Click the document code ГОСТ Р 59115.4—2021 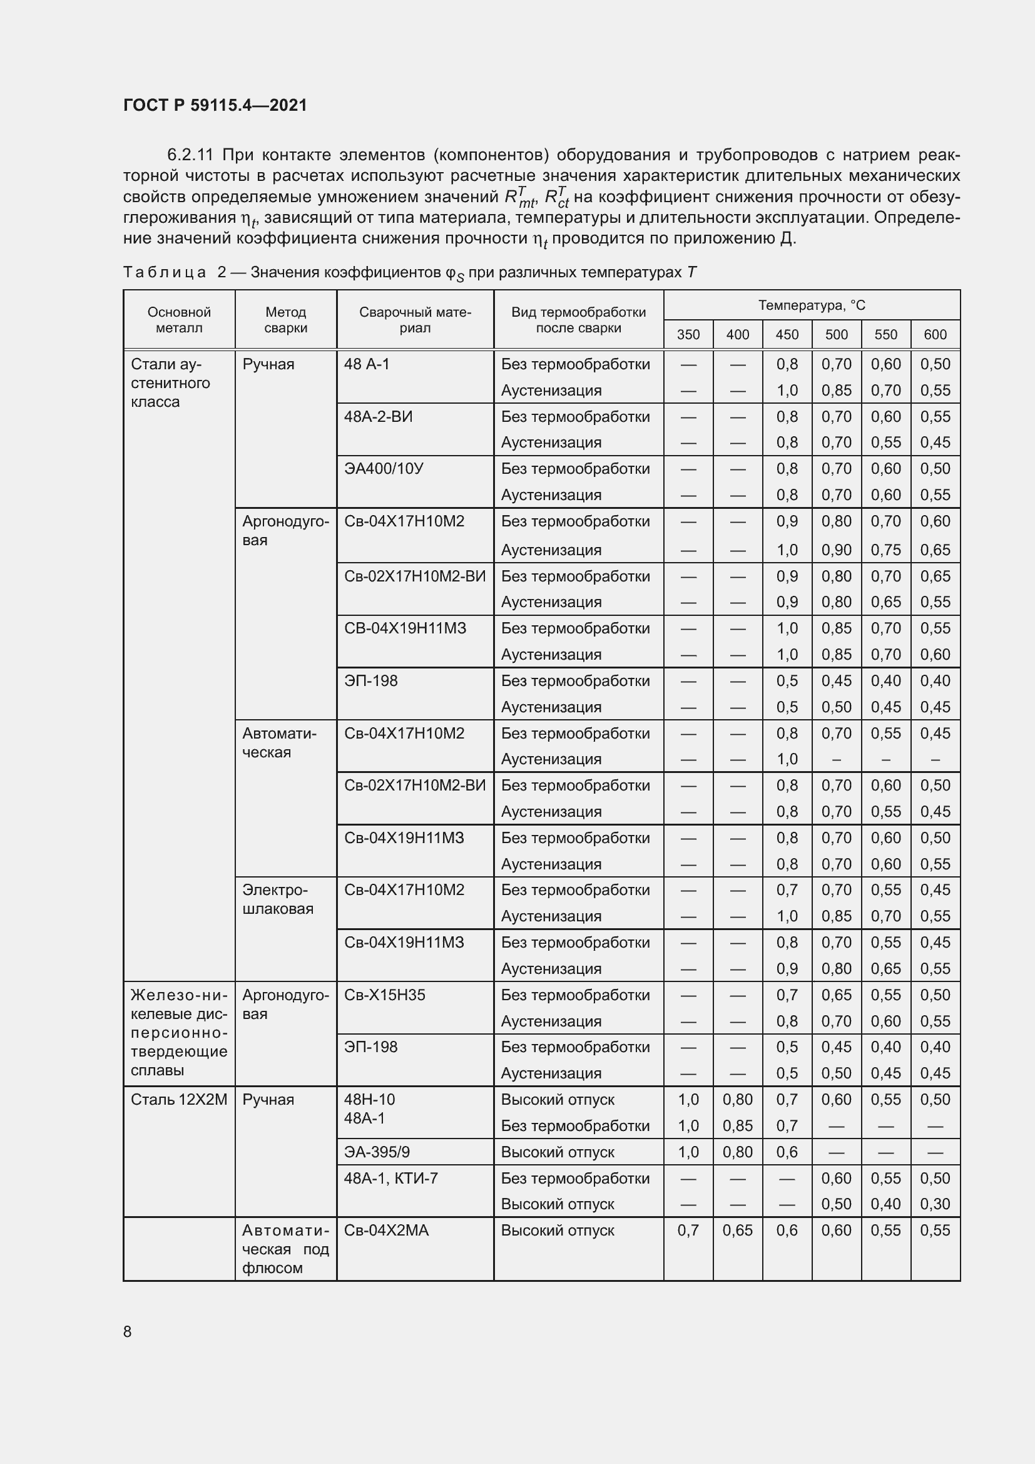click(x=215, y=105)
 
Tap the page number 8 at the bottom click(x=128, y=1331)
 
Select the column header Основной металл click(x=179, y=320)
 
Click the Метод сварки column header click(x=285, y=320)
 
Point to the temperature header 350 click(x=688, y=335)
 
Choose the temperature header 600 click(x=935, y=335)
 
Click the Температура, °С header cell click(x=812, y=305)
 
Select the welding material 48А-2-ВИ click(x=378, y=417)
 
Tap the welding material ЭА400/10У click(x=384, y=469)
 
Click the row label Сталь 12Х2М click(x=178, y=1099)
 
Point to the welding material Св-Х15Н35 click(x=384, y=995)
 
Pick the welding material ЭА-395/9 click(x=377, y=1152)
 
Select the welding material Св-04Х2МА click(x=386, y=1230)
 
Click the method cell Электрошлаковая click(x=278, y=899)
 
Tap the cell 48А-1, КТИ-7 click(x=390, y=1178)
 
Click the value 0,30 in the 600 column click(x=935, y=1204)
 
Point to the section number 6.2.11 click(x=190, y=155)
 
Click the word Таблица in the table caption click(x=165, y=272)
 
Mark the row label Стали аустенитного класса click(x=170, y=382)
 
